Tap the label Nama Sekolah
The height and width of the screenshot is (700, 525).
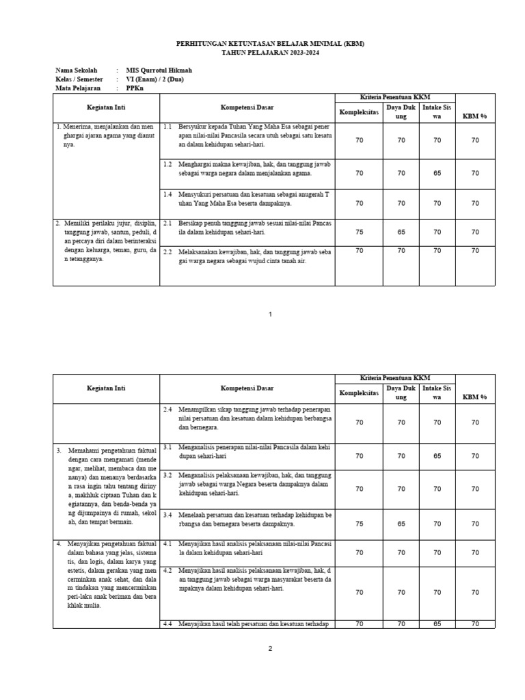click(77, 70)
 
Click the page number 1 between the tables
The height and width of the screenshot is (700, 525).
click(271, 314)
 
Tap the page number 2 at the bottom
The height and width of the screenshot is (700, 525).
click(271, 649)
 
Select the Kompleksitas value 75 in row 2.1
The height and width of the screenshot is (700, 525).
click(360, 232)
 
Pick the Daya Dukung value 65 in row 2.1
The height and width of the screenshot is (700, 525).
click(401, 232)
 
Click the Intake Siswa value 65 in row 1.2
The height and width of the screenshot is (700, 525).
click(437, 174)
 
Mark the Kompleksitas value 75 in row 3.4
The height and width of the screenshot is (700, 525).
click(360, 524)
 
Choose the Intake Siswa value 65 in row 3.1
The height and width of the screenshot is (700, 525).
click(437, 455)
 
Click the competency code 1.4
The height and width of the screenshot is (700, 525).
click(167, 195)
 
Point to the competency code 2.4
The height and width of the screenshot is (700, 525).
click(167, 409)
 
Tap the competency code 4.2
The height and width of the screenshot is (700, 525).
click(167, 569)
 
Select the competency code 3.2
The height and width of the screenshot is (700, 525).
click(167, 474)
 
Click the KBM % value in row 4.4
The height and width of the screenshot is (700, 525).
click(475, 623)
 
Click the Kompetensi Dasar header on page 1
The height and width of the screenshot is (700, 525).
click(247, 108)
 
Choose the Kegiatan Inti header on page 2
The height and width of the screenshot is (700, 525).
click(106, 388)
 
